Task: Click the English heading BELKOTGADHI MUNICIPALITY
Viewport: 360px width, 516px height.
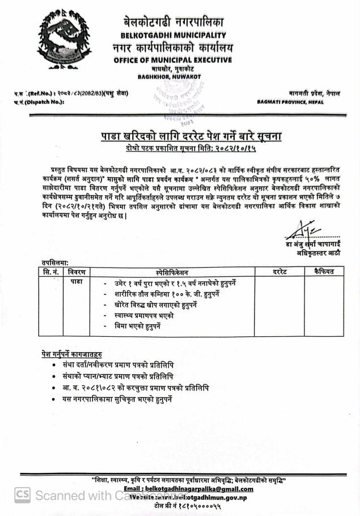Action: click(x=172, y=36)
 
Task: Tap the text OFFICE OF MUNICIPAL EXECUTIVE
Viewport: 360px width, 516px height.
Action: click(x=172, y=60)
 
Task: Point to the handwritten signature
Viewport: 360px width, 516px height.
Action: click(x=298, y=230)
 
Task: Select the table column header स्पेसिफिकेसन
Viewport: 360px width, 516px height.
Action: click(x=175, y=272)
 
